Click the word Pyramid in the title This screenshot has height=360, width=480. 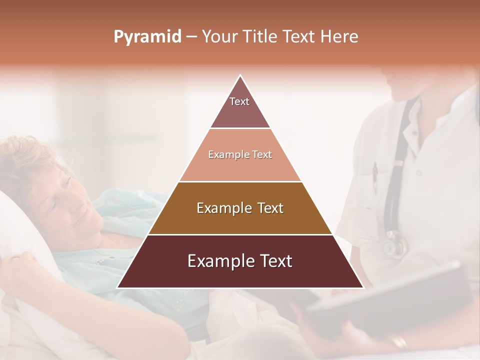pyautogui.click(x=147, y=37)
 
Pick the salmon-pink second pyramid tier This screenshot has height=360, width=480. pyautogui.click(x=240, y=155)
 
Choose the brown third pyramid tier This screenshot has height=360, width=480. pyautogui.click(x=240, y=208)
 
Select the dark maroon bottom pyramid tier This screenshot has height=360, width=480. pyautogui.click(x=240, y=261)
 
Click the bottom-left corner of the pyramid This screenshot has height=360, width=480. pyautogui.click(x=118, y=287)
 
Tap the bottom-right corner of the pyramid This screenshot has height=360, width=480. pyautogui.click(x=362, y=287)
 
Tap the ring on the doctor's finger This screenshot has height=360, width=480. pyautogui.click(x=399, y=342)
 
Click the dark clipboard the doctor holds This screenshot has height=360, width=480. pyautogui.click(x=390, y=300)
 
